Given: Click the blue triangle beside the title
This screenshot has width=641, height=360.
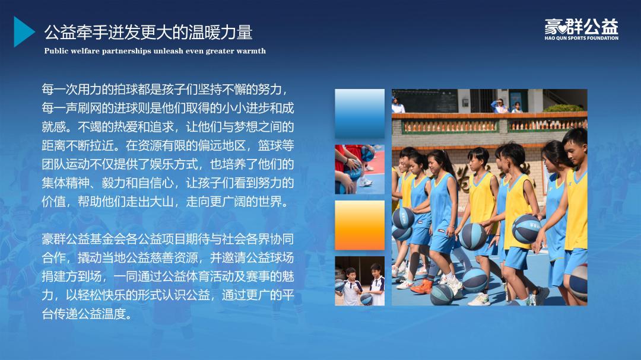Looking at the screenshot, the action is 23,32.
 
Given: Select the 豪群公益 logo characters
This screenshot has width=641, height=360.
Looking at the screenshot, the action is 581,27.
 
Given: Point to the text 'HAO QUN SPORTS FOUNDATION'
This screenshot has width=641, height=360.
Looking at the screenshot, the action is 581,38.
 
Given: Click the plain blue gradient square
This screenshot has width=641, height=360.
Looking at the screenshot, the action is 360,114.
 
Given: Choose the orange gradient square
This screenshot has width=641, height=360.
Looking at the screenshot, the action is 360,225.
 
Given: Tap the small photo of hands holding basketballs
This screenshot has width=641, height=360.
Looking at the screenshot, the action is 360,169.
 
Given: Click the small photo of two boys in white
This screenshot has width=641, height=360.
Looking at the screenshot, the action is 360,281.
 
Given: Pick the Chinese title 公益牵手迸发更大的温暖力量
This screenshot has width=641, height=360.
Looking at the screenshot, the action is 148,32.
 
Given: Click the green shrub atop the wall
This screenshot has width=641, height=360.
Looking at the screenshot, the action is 563,108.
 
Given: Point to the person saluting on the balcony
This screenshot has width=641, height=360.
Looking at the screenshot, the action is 500,106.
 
